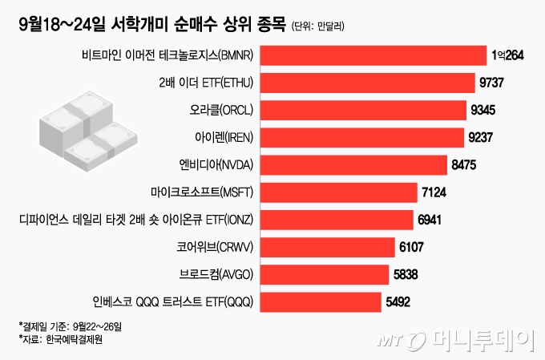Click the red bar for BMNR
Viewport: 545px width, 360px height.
coord(374,55)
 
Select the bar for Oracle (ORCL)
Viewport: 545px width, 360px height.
coord(365,110)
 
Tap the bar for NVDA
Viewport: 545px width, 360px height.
coord(354,165)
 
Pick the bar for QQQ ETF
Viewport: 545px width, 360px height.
coord(321,302)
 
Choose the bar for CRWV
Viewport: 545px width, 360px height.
coord(329,248)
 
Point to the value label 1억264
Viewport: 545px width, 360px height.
coord(508,55)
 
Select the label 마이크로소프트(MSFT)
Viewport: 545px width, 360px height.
coord(203,192)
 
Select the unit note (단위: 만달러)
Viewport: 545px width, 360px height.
coord(318,26)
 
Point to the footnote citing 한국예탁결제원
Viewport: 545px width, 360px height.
coord(61,339)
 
